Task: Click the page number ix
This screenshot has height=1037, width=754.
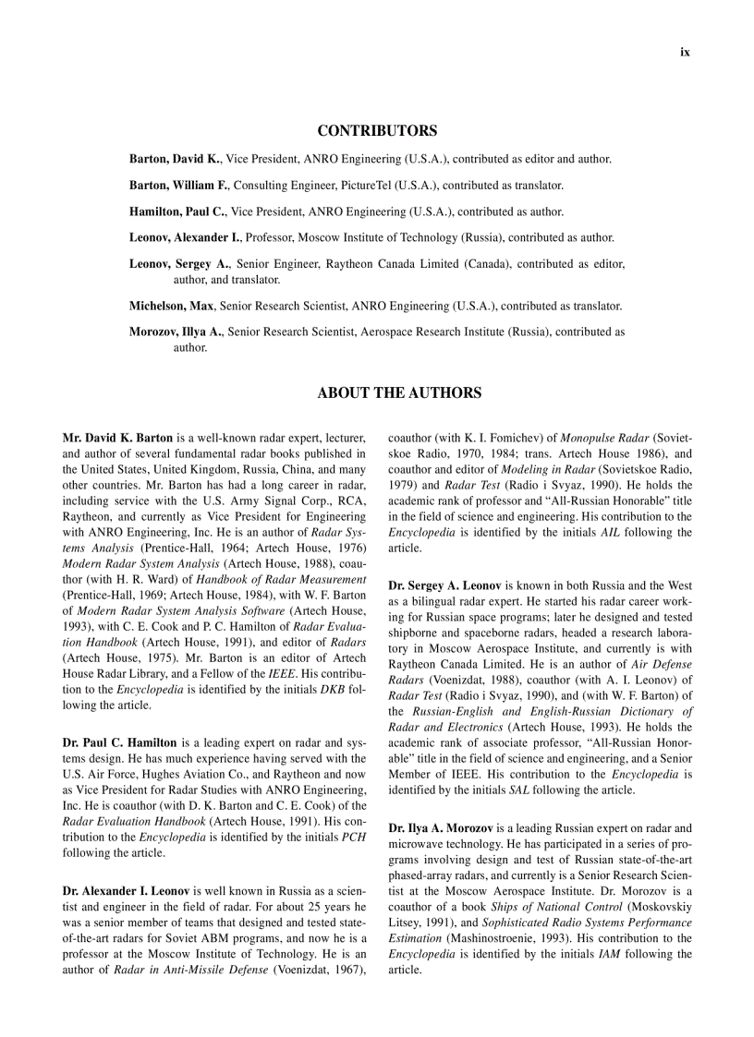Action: point(685,53)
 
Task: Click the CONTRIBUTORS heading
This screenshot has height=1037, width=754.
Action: point(377,131)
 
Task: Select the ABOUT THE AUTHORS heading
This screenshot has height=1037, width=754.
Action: point(399,393)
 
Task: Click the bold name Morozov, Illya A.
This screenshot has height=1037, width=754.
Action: point(176,332)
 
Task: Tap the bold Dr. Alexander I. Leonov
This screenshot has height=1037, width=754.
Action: point(126,891)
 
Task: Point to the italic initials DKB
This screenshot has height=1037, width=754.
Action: point(333,690)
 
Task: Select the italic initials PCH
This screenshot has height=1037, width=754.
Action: point(354,837)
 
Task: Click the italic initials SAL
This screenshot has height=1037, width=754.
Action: point(519,790)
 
